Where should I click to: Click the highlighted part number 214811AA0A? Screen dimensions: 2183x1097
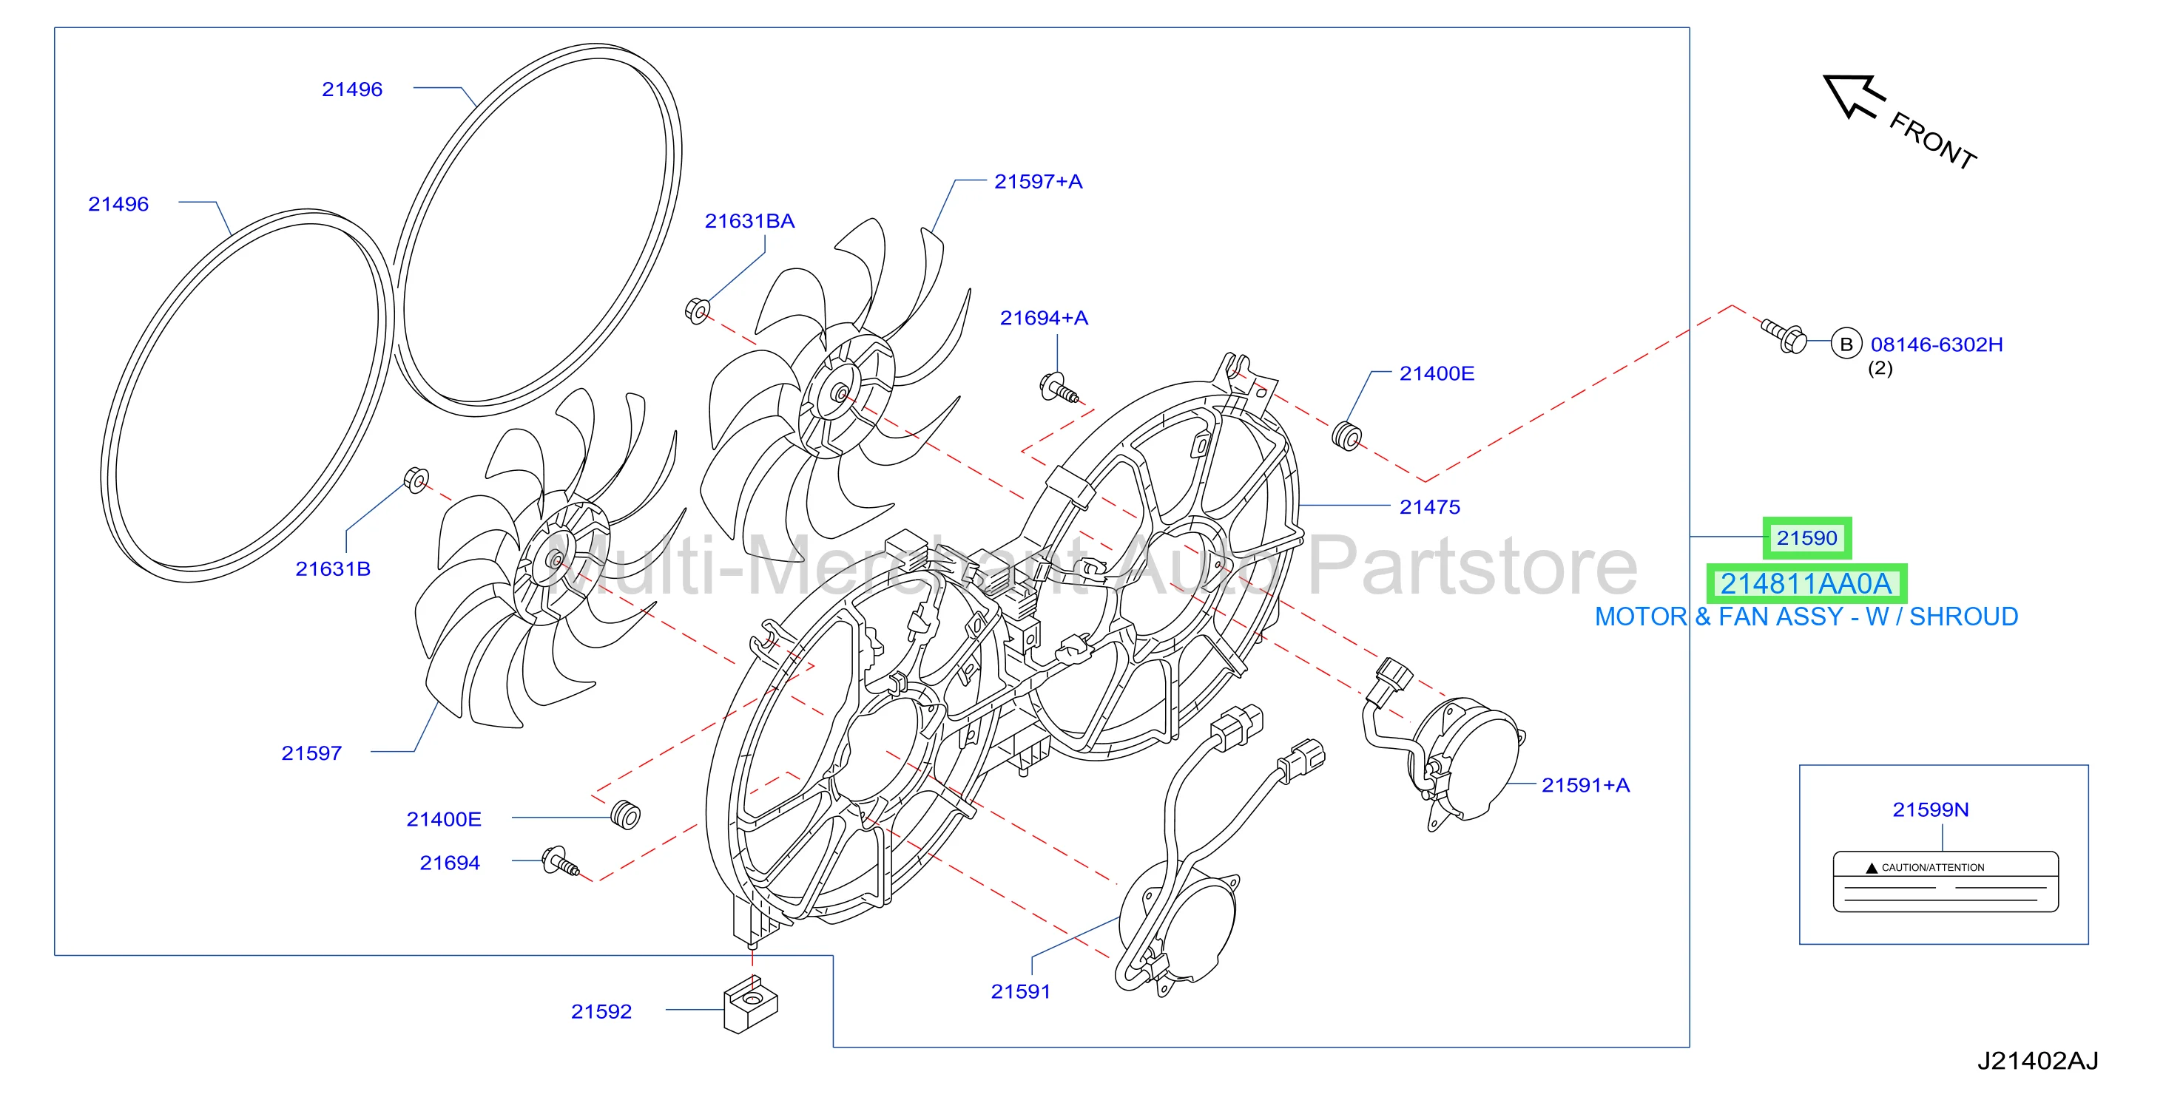tap(1806, 584)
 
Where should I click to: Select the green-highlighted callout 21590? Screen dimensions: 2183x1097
tap(1806, 538)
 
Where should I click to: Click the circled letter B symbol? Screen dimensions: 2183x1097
tap(1846, 344)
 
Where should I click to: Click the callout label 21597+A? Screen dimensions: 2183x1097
tap(1038, 181)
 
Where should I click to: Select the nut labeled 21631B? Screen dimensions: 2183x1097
tap(416, 480)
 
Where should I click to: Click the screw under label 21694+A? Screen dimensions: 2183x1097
tap(1059, 389)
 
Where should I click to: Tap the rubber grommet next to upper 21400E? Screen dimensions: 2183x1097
tap(1346, 435)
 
